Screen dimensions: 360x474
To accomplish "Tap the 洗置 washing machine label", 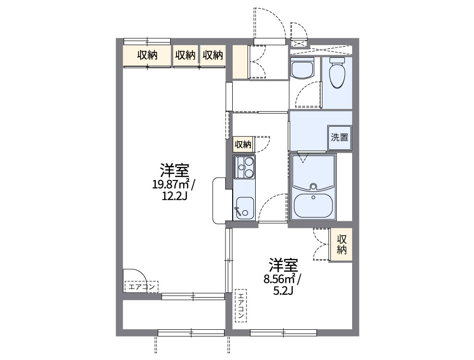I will coord(339,137).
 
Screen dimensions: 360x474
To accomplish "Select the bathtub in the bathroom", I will coord(313,173).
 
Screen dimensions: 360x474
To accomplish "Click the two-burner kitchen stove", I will coord(244,168).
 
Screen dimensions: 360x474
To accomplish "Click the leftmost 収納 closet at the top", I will coord(147,55).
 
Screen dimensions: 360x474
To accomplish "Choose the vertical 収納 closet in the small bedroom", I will coord(341,244).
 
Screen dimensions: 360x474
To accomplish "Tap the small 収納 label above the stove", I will coord(243,144).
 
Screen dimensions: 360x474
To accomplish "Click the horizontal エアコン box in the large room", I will coord(141,287).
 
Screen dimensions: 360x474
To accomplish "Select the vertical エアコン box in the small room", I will coord(240,307).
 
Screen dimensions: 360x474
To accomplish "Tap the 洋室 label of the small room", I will coord(283,265).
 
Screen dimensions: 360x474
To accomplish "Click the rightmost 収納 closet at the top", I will coord(213,55).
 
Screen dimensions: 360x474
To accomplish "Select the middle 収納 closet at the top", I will coord(185,55).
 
